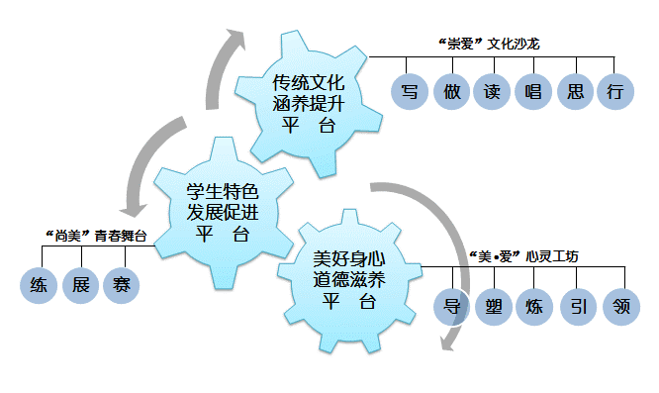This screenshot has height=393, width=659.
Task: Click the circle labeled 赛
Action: pyautogui.click(x=121, y=286)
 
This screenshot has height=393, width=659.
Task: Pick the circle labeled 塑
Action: pyautogui.click(x=496, y=305)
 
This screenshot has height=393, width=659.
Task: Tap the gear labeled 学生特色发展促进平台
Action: pyautogui.click(x=222, y=211)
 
